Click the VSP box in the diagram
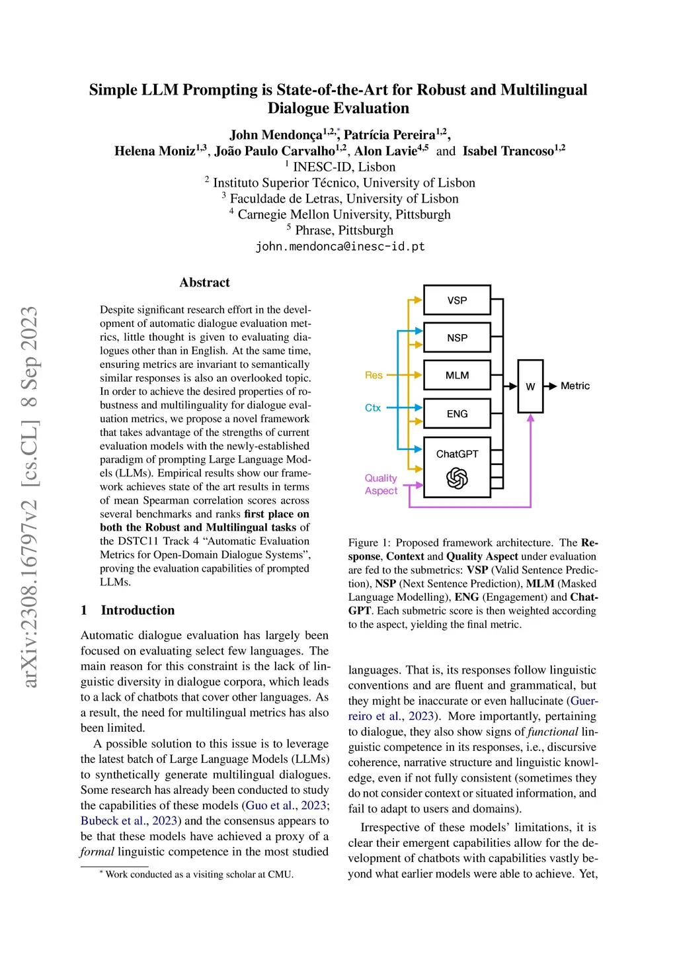coord(457,300)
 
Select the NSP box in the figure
coord(457,337)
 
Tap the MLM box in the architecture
coord(457,375)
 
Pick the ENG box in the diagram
coord(457,414)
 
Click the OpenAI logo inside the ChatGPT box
coord(457,478)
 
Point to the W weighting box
coord(530,386)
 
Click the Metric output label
coord(575,386)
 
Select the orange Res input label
coord(374,375)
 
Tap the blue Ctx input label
coord(373,408)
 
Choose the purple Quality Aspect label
coord(381,484)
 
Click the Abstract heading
coord(204,283)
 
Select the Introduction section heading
coord(138,610)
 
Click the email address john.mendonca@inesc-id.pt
coord(340,247)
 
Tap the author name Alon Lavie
coord(385,152)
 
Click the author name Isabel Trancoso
coord(508,152)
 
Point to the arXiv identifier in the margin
coord(30,496)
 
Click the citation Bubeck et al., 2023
coord(129,820)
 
